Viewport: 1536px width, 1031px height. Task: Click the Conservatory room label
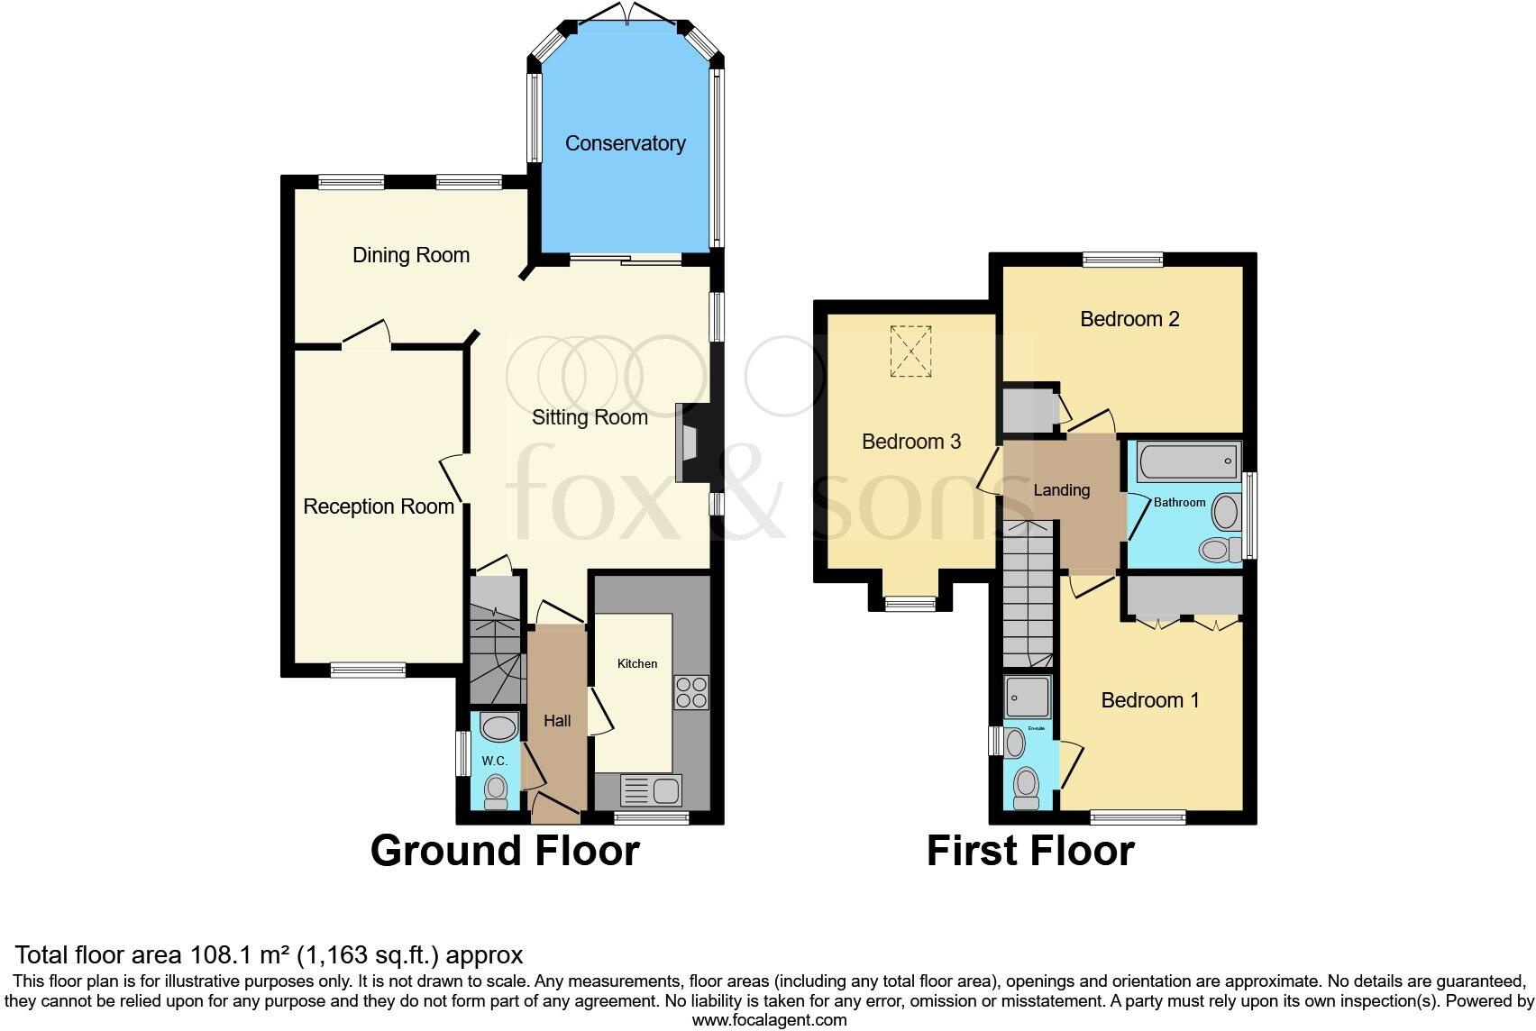[625, 143]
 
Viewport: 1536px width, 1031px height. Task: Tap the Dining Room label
[410, 255]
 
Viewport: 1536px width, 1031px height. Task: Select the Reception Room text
[378, 506]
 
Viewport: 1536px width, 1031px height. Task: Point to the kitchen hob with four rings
[691, 692]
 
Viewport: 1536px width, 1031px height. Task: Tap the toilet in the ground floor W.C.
[496, 792]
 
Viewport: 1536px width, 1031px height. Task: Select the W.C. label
[494, 761]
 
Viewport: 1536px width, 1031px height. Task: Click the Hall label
[557, 721]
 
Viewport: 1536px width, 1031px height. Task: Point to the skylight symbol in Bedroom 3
[910, 351]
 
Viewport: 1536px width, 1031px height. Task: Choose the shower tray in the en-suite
[1028, 697]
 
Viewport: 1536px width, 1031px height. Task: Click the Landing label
[1061, 490]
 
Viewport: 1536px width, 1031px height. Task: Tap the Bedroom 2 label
[1129, 319]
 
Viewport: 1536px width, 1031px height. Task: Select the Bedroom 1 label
[1149, 700]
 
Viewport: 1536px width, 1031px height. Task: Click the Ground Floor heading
[505, 851]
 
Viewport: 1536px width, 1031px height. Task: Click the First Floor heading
[1030, 851]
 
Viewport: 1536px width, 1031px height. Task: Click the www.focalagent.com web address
[769, 1020]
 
